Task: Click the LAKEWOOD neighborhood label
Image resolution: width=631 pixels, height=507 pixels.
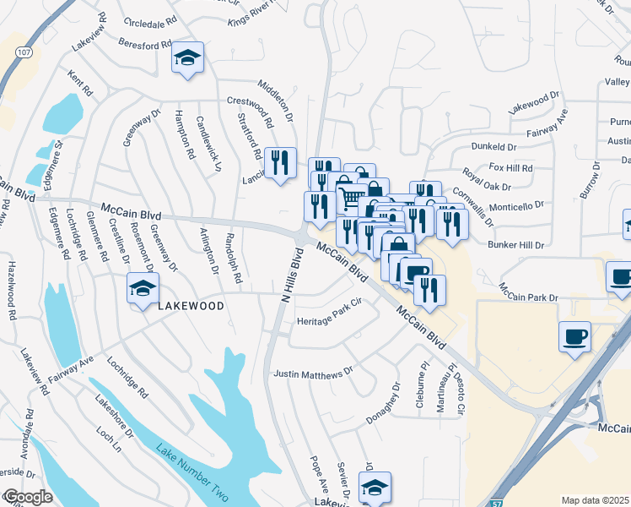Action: coord(191,306)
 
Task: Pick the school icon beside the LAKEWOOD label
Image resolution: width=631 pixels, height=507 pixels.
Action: coord(143,289)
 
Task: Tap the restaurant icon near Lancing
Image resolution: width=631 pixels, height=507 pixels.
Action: coord(281,163)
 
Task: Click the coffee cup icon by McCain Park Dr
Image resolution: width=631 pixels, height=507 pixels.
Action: coord(574,336)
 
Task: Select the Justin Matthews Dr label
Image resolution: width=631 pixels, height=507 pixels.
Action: coord(312,373)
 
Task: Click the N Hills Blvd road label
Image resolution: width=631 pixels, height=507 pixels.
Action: coord(292,275)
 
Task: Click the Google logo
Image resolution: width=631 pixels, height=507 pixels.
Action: coord(27,497)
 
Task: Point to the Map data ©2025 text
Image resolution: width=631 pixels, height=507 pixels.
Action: coord(595,500)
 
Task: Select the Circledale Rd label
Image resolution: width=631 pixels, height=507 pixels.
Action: coord(149,19)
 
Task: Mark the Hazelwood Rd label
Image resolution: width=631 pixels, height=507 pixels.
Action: coord(12,288)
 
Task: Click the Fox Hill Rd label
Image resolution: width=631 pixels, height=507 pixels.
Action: coord(511,167)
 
